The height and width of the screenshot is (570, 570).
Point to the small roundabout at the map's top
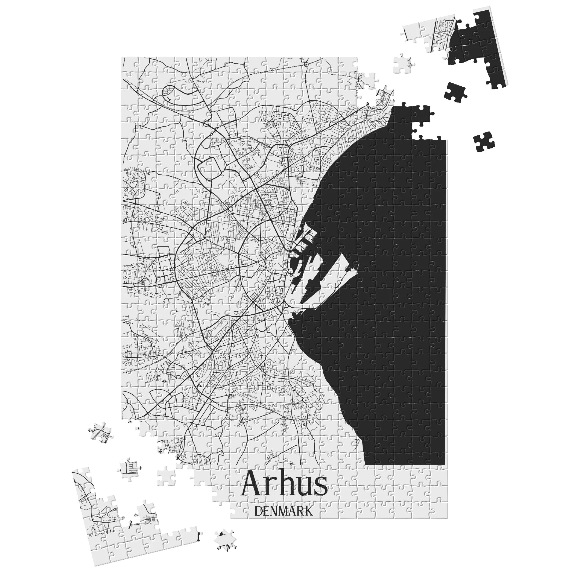click(x=306, y=64)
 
